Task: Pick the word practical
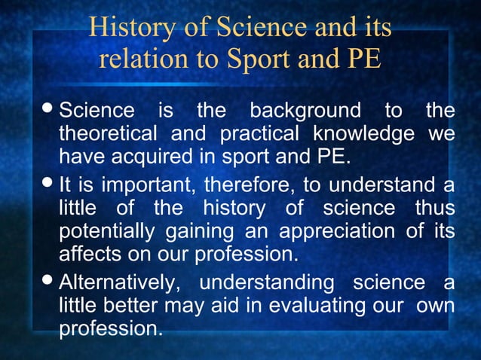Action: (254, 136)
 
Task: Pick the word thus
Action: (434, 207)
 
